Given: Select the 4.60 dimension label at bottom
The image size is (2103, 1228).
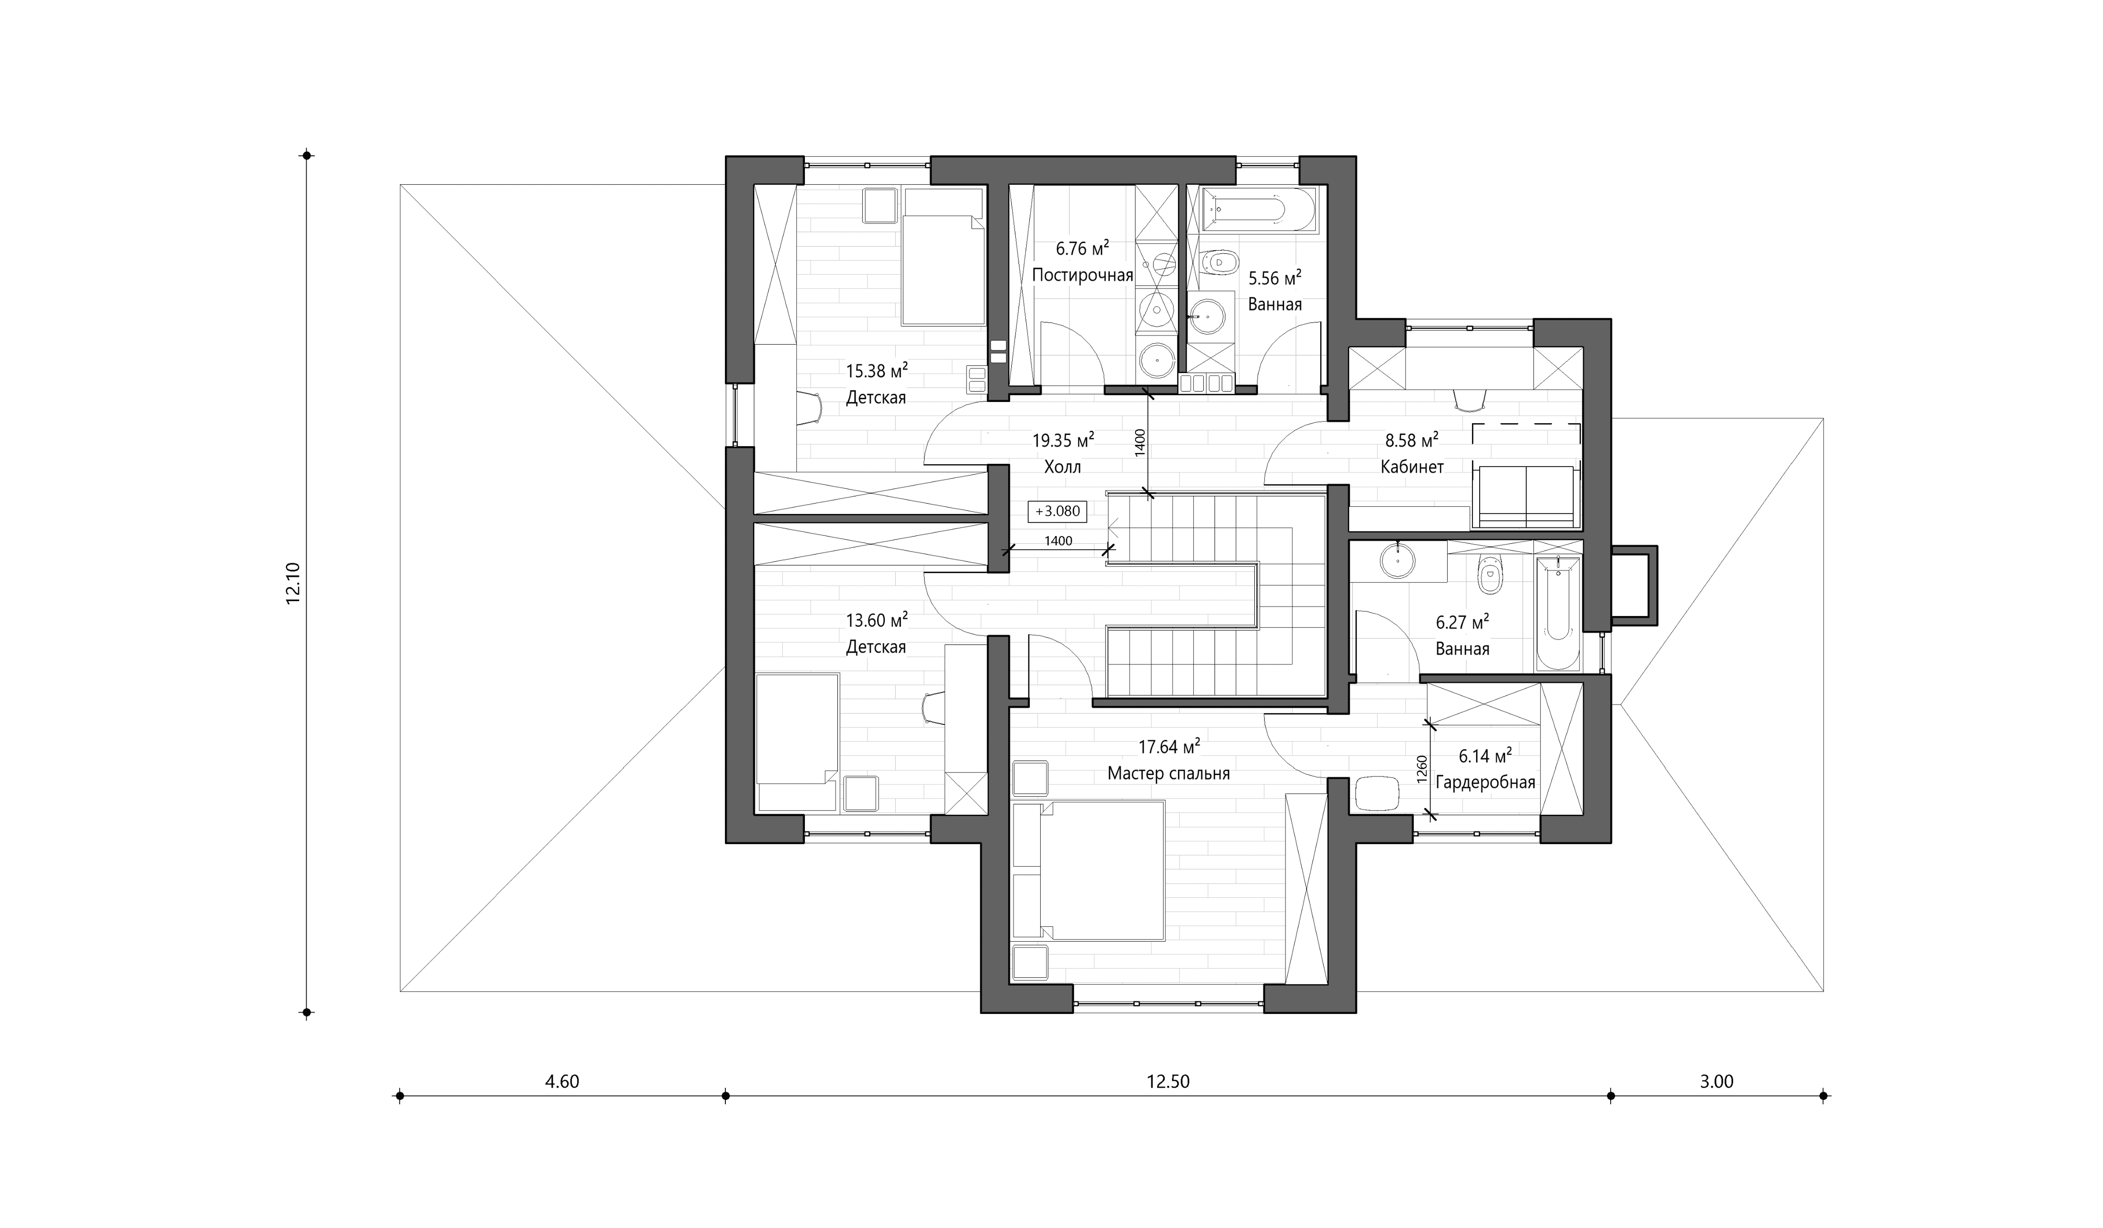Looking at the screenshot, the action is (x=561, y=1082).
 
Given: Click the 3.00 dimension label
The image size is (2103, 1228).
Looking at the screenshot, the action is (x=1717, y=1082).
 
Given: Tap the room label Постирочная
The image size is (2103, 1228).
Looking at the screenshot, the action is (x=1082, y=275).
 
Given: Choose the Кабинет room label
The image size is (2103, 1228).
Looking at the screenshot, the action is (x=1412, y=467).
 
